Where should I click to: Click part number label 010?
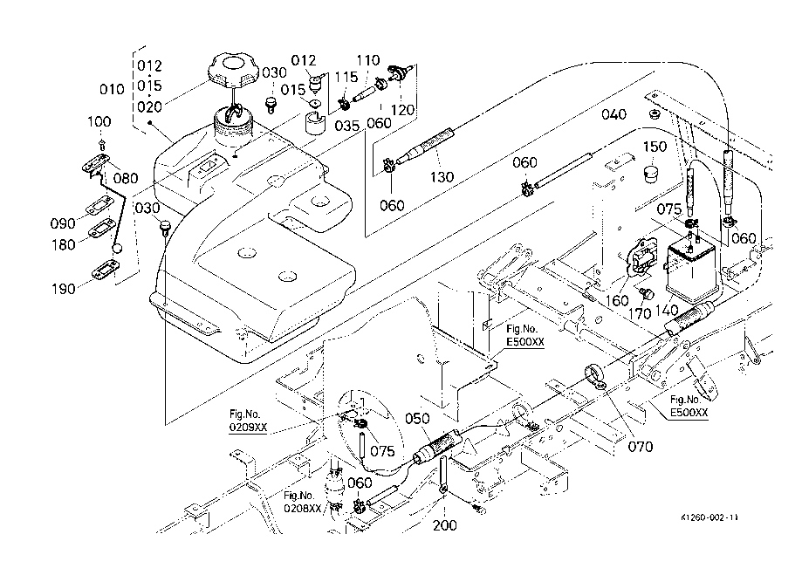112,89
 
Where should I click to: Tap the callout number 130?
442,177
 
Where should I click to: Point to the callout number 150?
655,146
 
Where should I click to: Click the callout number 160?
617,300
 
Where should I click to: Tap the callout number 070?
641,448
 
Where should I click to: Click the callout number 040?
614,115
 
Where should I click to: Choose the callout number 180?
63,245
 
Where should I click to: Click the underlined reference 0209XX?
249,429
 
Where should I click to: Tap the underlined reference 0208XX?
303,508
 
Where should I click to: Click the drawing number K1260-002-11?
709,517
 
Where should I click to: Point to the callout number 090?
63,224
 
